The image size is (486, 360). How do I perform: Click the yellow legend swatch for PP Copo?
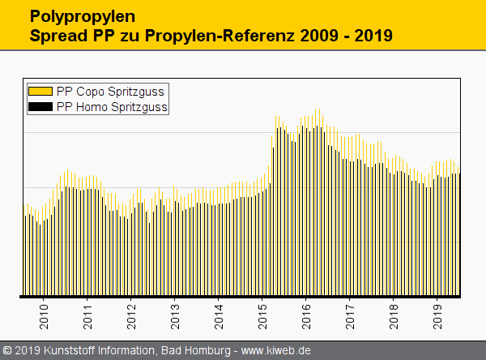click(x=40, y=92)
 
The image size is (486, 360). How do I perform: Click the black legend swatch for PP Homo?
click(x=40, y=106)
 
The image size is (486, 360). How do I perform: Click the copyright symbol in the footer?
click(x=8, y=350)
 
